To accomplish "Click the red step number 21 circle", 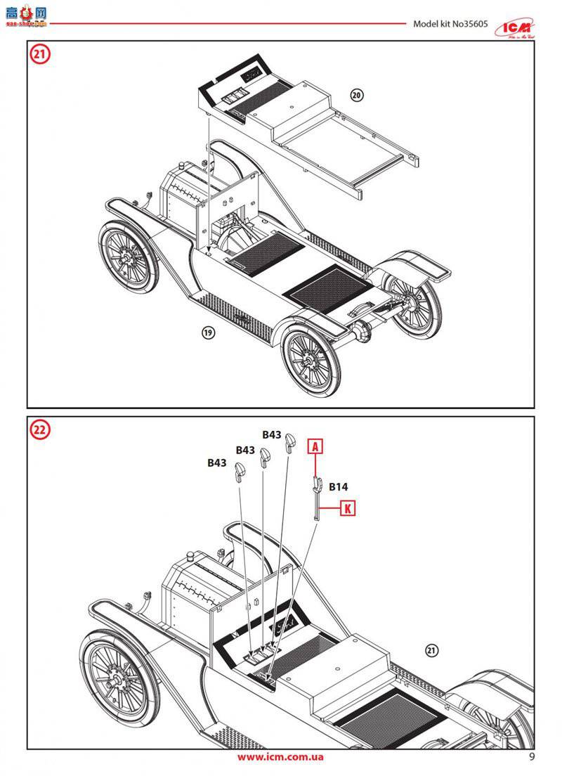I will [x=39, y=55].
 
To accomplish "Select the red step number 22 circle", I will [x=39, y=430].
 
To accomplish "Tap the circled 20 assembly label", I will [x=357, y=95].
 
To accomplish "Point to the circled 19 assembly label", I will [x=208, y=333].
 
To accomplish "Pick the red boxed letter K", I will [x=347, y=507].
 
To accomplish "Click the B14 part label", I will [x=337, y=486].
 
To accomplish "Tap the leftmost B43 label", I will [x=216, y=463].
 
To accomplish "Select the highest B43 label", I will [x=272, y=434].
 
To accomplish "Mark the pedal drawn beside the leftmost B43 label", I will [x=242, y=474].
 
